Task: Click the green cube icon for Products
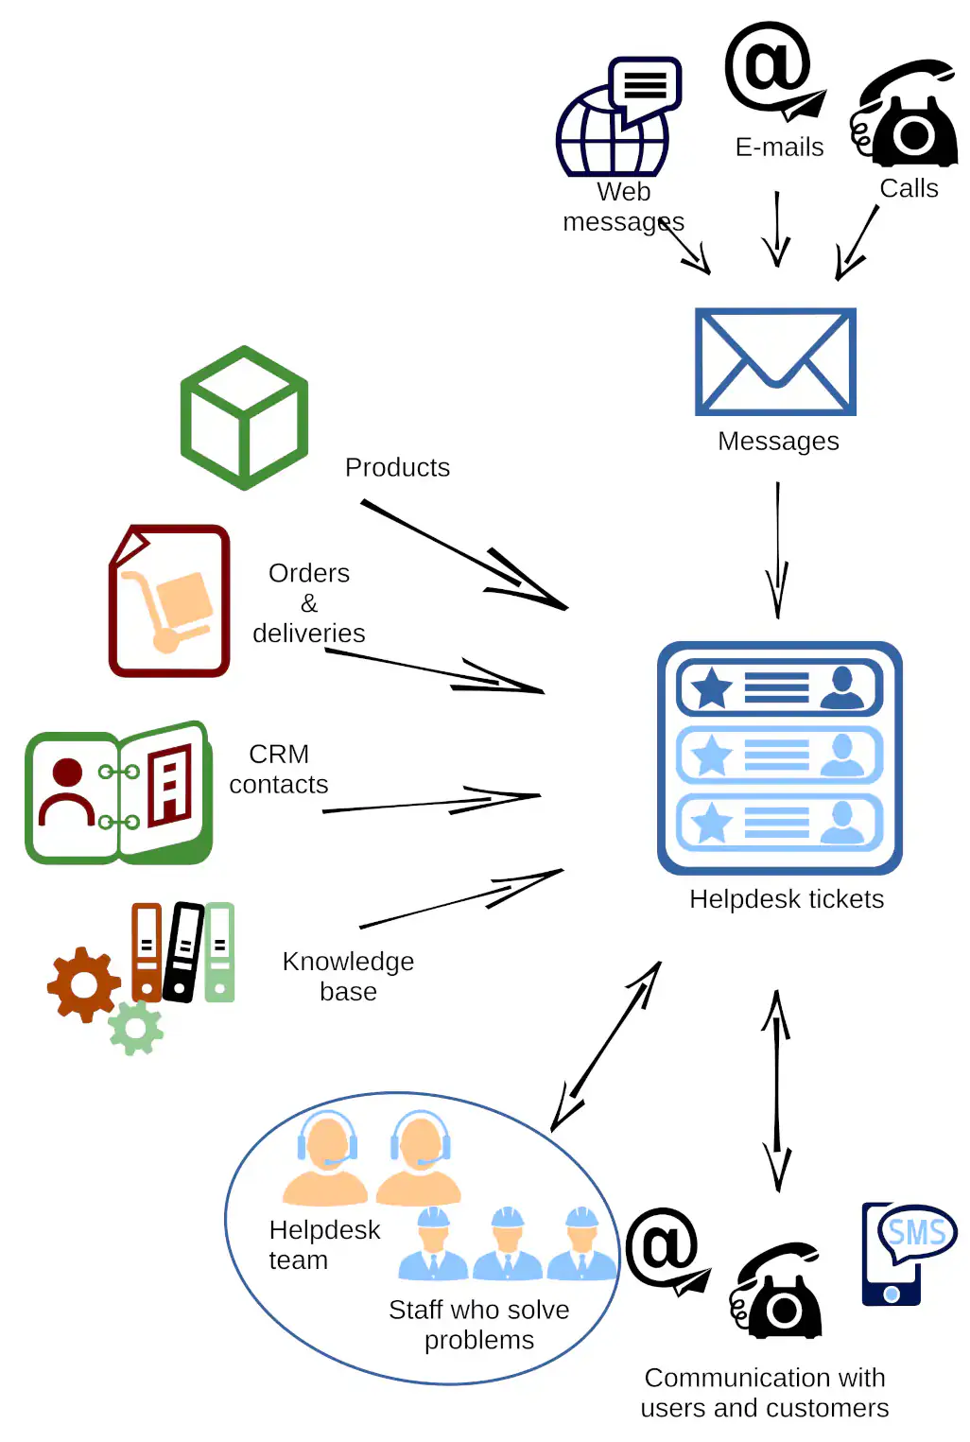point(244,418)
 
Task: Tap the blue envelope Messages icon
point(775,361)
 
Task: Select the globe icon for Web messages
point(612,132)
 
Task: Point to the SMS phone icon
point(898,1254)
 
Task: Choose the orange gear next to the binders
point(84,984)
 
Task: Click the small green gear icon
point(136,1028)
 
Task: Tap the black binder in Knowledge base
point(183,951)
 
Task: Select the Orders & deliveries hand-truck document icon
point(169,601)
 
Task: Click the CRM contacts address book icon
point(119,793)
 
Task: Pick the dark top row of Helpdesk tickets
point(779,687)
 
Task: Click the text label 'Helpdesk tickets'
point(787,899)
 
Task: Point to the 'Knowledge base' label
point(348,976)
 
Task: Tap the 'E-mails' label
point(779,148)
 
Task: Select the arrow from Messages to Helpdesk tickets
point(778,549)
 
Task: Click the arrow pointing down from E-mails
point(777,229)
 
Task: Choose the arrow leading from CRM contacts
point(432,804)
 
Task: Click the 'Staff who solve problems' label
point(479,1325)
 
